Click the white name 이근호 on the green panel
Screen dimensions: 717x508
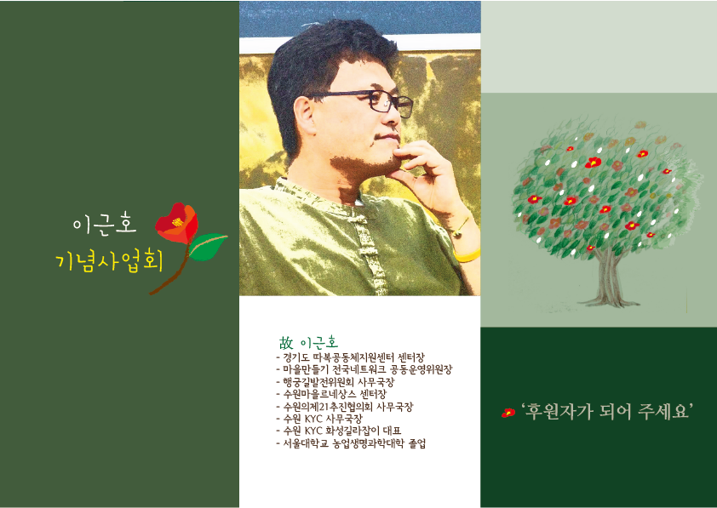(104, 225)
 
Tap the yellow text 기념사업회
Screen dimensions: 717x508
(109, 262)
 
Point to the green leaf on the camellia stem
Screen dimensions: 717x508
(208, 246)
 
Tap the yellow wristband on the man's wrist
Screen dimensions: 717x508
(467, 255)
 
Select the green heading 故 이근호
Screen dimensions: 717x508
(308, 343)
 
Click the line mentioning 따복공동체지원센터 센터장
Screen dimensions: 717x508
(350, 357)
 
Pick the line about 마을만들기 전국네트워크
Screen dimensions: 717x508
(364, 369)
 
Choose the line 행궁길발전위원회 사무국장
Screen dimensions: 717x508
(336, 381)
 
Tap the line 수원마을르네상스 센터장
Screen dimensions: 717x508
(331, 393)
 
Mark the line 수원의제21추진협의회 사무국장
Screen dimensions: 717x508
(344, 406)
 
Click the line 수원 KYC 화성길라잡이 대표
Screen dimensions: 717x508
(338, 431)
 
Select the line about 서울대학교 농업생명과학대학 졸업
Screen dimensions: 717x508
(351, 443)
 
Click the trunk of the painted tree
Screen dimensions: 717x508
(609, 278)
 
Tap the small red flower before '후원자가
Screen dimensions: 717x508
(508, 413)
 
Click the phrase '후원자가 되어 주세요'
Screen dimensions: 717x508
(607, 412)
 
